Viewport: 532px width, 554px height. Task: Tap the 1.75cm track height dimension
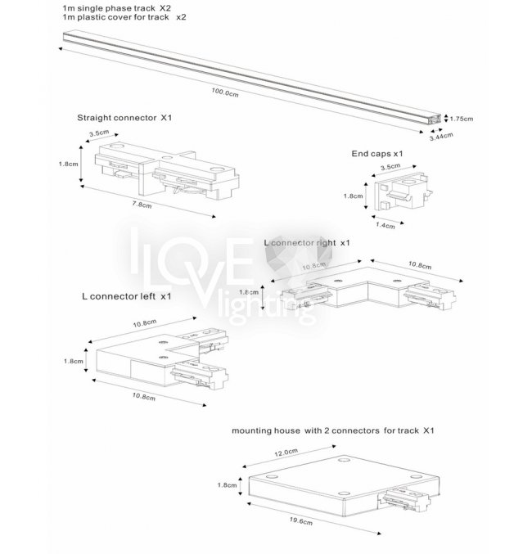click(x=462, y=119)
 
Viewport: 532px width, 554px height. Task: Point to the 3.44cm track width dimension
click(x=442, y=137)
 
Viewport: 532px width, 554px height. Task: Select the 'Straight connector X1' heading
click(x=124, y=118)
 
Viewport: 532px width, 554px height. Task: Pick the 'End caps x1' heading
click(x=376, y=153)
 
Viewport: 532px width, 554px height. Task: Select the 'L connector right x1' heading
click(x=307, y=243)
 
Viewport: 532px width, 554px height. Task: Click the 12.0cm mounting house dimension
click(x=286, y=451)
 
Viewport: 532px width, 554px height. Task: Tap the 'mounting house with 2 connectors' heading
click(x=332, y=429)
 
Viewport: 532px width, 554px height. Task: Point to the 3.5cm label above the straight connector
click(x=99, y=132)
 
